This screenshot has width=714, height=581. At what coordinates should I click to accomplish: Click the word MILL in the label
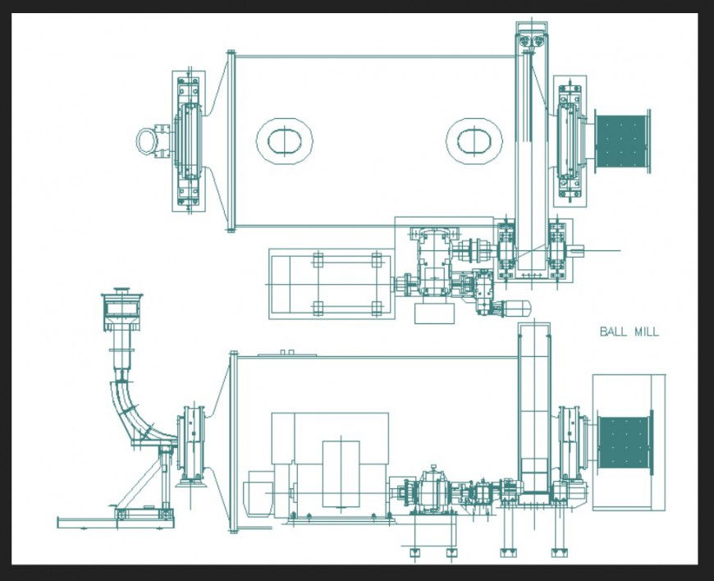[x=645, y=332]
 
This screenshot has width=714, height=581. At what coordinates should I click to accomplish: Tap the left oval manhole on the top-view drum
[x=284, y=140]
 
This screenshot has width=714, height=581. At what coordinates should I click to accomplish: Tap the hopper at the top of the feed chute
[x=122, y=309]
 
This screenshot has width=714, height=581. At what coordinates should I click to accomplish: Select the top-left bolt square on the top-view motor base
[x=318, y=260]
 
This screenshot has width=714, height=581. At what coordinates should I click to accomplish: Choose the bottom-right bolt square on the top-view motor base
[x=377, y=308]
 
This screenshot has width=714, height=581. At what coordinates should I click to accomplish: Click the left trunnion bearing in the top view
[x=188, y=140]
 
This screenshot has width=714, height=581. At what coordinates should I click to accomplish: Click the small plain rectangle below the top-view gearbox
[x=435, y=313]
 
